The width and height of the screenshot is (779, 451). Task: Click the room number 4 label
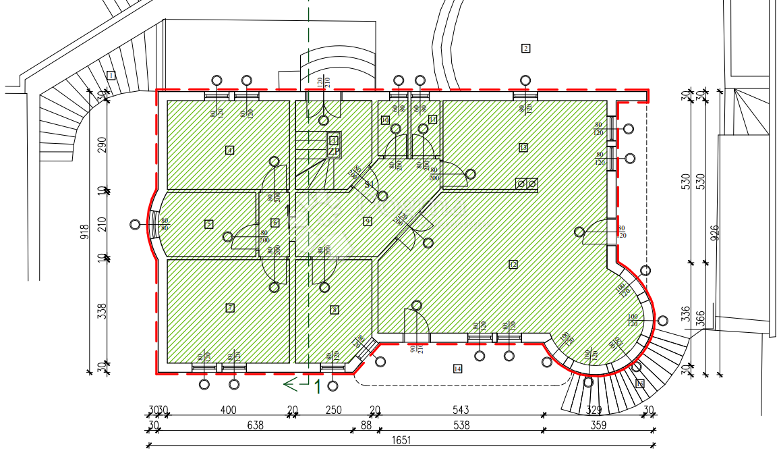pyautogui.click(x=230, y=150)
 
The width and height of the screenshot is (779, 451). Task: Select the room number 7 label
pyautogui.click(x=230, y=308)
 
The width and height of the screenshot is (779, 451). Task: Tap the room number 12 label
pyautogui.click(x=513, y=265)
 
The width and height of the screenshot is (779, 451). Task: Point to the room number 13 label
pyautogui.click(x=523, y=147)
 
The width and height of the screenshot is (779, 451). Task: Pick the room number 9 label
pyautogui.click(x=368, y=221)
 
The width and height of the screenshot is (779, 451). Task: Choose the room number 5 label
pyautogui.click(x=209, y=224)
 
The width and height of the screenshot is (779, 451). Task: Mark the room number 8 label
pyautogui.click(x=334, y=309)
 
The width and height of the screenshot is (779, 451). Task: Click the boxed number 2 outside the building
pyautogui.click(x=525, y=48)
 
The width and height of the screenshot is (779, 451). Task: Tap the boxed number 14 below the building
pyautogui.click(x=458, y=369)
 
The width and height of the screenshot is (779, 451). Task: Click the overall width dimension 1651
pyautogui.click(x=401, y=440)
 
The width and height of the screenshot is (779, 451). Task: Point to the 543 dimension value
pyautogui.click(x=461, y=410)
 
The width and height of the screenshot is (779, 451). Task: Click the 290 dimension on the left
pyautogui.click(x=102, y=145)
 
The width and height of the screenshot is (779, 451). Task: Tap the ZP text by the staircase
pyautogui.click(x=333, y=152)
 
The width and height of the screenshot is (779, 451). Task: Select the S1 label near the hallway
pyautogui.click(x=370, y=184)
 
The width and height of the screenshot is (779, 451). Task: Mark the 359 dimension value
pyautogui.click(x=598, y=425)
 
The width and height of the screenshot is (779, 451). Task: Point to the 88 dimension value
pyautogui.click(x=366, y=425)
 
